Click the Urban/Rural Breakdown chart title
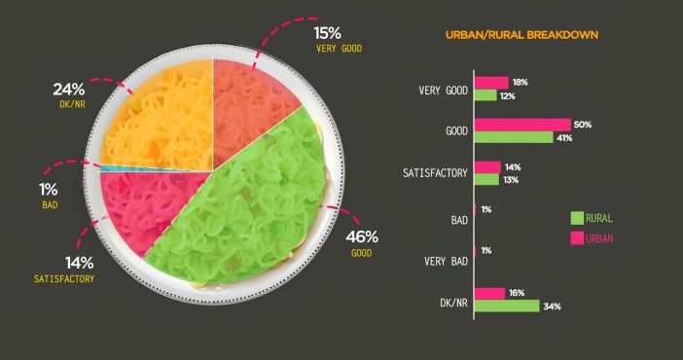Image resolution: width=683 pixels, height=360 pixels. pyautogui.click(x=521, y=35)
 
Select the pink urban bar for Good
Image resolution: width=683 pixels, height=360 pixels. pyautogui.click(x=522, y=125)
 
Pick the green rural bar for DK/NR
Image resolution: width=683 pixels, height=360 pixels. pyautogui.click(x=507, y=306)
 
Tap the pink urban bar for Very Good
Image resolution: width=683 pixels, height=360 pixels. pyautogui.click(x=491, y=83)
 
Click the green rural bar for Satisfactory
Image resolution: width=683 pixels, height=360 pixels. pyautogui.click(x=486, y=180)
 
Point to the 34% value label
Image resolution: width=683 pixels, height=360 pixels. pyautogui.click(x=552, y=306)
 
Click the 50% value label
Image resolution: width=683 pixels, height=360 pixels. pyautogui.click(x=583, y=125)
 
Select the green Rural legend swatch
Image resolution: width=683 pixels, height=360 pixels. pyautogui.click(x=577, y=218)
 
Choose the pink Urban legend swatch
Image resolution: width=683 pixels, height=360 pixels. pyautogui.click(x=577, y=238)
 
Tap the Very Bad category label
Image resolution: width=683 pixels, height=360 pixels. pyautogui.click(x=446, y=262)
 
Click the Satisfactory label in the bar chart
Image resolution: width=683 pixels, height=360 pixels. pyautogui.click(x=435, y=173)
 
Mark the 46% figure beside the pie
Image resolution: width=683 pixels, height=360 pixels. pyautogui.click(x=362, y=237)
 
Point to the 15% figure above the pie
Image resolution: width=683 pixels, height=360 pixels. pyautogui.click(x=328, y=33)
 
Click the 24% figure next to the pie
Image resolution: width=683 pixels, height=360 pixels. pyautogui.click(x=69, y=90)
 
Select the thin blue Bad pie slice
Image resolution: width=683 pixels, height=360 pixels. pyautogui.click(x=130, y=167)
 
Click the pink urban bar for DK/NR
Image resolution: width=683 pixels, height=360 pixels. pyautogui.click(x=489, y=294)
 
